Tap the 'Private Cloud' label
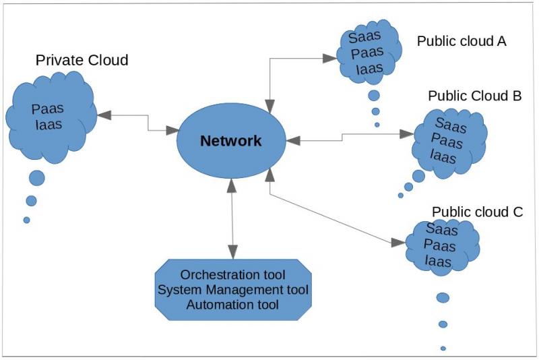pos(82,61)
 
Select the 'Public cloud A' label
pos(462,41)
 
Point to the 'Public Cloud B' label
pos(475,96)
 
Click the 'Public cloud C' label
pos(477,212)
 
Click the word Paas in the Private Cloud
pos(48,109)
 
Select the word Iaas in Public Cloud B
pos(443,156)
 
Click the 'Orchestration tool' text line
pos(232,275)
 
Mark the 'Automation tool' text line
pos(232,305)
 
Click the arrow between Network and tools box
pos(232,222)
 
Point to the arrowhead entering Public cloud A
pos(330,59)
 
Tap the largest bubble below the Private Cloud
pos(36,178)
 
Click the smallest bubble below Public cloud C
pos(443,349)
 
